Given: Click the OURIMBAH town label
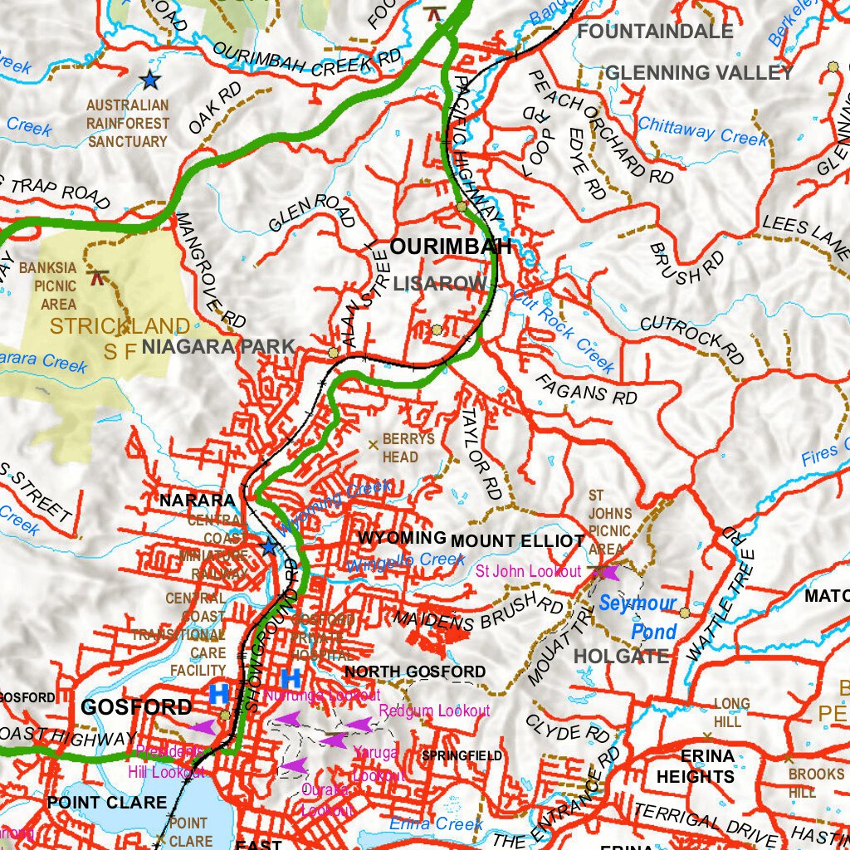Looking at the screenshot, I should pyautogui.click(x=451, y=247).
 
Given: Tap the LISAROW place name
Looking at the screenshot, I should pyautogui.click(x=440, y=284).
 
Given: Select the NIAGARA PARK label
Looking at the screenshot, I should pyautogui.click(x=218, y=347).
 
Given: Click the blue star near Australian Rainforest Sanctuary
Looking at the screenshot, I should pyautogui.click(x=149, y=80).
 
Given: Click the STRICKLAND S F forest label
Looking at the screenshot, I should pyautogui.click(x=120, y=335).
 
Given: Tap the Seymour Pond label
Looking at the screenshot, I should pyautogui.click(x=638, y=617).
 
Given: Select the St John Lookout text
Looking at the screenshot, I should pyautogui.click(x=528, y=571).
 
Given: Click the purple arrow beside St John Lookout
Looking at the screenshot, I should pyautogui.click(x=608, y=572).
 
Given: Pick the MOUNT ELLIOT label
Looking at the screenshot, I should pyautogui.click(x=518, y=541).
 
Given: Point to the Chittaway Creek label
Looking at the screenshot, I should pyautogui.click(x=703, y=130).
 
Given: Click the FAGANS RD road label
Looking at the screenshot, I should pyautogui.click(x=586, y=388).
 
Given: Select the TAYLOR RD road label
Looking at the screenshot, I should pyautogui.click(x=481, y=452).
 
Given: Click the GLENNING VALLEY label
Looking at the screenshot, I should pyautogui.click(x=699, y=73).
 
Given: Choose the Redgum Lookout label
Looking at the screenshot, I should pyautogui.click(x=434, y=711).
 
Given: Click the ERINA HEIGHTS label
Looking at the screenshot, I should pyautogui.click(x=696, y=766).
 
